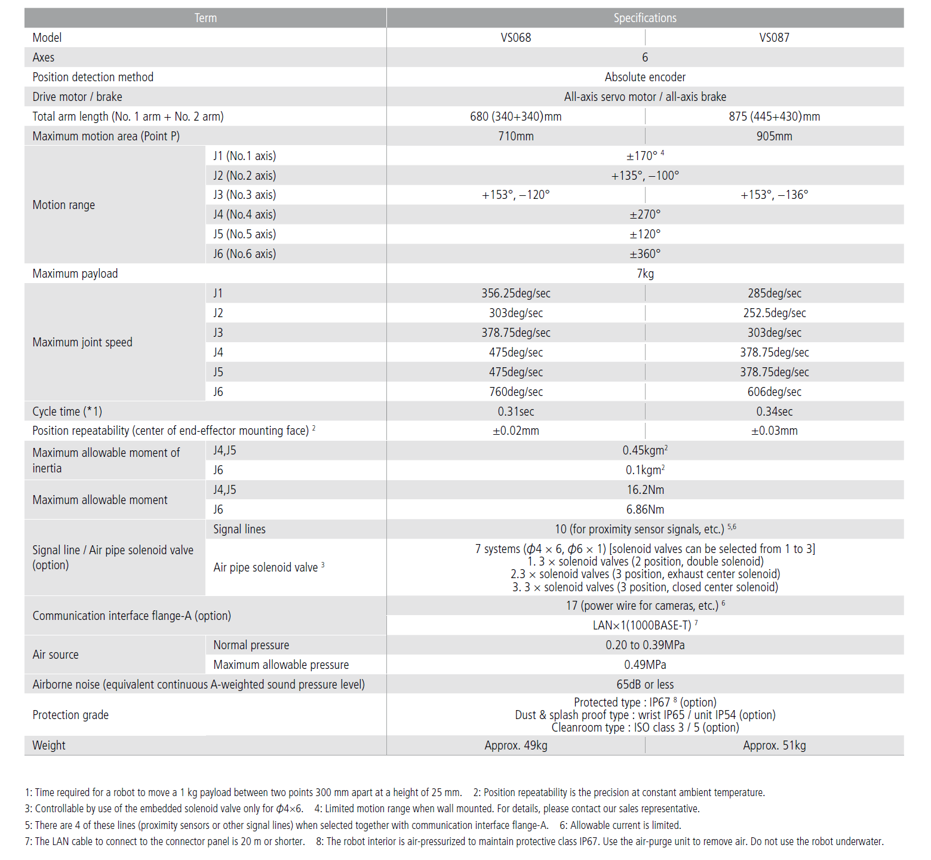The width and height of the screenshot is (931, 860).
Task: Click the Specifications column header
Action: tap(645, 18)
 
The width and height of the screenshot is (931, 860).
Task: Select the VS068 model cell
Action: tap(516, 38)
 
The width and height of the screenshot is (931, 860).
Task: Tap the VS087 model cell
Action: tap(774, 38)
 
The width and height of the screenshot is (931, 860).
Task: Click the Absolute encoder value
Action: tap(645, 77)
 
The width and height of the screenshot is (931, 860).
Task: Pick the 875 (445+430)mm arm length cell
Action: tap(774, 116)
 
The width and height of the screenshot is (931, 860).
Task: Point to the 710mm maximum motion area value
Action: tap(516, 136)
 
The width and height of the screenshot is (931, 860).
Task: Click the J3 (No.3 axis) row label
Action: tap(244, 195)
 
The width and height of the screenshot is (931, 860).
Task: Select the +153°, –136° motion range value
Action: tap(774, 195)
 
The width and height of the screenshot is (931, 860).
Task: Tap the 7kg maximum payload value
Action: tap(645, 274)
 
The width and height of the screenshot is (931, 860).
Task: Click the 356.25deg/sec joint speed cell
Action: tap(516, 293)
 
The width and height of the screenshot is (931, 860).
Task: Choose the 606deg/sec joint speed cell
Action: tap(774, 392)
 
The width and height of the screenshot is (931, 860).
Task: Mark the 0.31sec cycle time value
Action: tap(516, 411)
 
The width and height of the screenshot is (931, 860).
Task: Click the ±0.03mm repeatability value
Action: tap(774, 431)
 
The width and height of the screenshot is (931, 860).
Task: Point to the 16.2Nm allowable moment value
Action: tap(645, 490)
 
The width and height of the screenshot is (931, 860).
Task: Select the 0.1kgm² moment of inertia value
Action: tap(645, 470)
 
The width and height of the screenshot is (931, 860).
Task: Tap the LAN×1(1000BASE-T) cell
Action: tap(645, 625)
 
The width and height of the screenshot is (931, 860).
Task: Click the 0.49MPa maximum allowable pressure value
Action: tap(645, 665)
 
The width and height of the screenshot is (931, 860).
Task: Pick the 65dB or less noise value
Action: tap(645, 684)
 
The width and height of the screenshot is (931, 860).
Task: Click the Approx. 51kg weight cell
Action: tap(774, 745)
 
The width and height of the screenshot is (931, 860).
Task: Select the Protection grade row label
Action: tap(70, 715)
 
